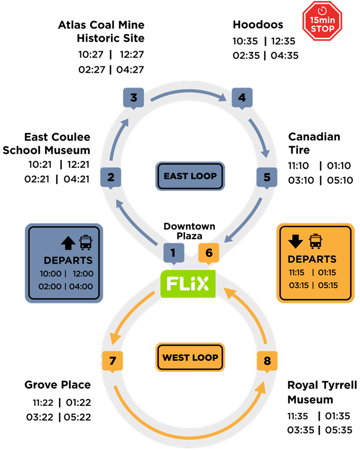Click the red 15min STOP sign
322,21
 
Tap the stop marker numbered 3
133,98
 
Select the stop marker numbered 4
242,98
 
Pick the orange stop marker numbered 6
208,253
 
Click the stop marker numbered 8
267,361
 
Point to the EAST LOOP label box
190,176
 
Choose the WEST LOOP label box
190,357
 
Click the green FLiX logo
188,284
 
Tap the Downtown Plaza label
189,231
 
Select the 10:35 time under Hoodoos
245,41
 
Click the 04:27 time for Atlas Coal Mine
130,70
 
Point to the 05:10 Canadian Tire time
340,180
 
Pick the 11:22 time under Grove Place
43,403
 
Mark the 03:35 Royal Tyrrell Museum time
301,430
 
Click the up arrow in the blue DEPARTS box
68,243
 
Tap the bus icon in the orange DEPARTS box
316,241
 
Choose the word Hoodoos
258,25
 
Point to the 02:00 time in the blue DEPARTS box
50,286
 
